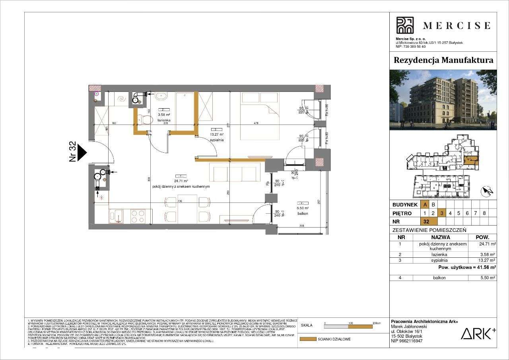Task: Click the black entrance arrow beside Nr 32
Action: click(x=82, y=152)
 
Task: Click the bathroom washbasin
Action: click(x=161, y=96)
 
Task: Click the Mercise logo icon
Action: click(x=405, y=25)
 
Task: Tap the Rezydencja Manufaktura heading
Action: click(x=443, y=60)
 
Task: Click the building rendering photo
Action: click(x=443, y=100)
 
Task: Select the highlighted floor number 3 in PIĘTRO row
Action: click(x=442, y=213)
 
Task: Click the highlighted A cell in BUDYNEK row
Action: click(x=425, y=205)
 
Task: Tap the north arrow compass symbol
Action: click(x=487, y=192)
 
